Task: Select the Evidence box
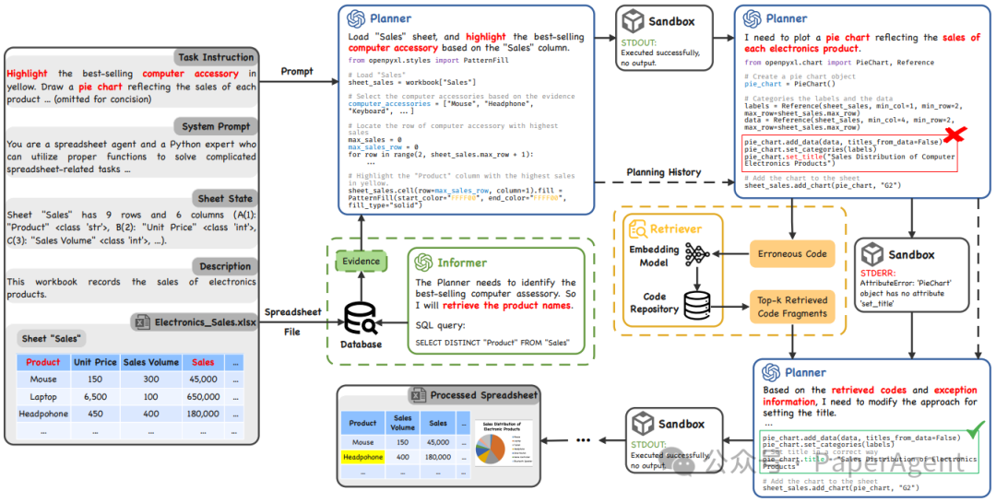(x=361, y=262)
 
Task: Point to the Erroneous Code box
(x=793, y=254)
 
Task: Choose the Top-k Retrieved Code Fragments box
(x=793, y=308)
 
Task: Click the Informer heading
(x=462, y=263)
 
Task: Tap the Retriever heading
(x=675, y=228)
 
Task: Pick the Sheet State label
(x=224, y=198)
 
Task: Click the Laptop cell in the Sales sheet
(x=43, y=396)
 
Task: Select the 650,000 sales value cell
(x=203, y=396)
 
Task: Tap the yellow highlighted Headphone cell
(x=362, y=457)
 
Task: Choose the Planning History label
(x=663, y=172)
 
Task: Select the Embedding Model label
(x=654, y=256)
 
